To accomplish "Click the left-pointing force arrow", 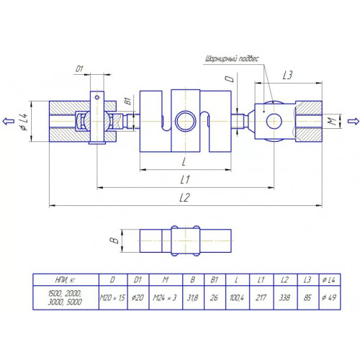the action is pos(8,121).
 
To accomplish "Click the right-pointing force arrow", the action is pos(354,121).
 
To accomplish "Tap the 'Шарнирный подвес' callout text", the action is pos(232,59).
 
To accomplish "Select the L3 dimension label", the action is pos(287,76).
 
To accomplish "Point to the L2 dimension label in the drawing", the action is pos(184,197).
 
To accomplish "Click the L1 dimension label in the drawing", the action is pos(185,179).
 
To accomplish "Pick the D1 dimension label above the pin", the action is pos(79,69).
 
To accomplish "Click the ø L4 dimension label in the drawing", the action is pos(24,122).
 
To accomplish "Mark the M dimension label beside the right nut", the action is pos(332,122).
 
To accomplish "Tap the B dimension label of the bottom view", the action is pos(114,240).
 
